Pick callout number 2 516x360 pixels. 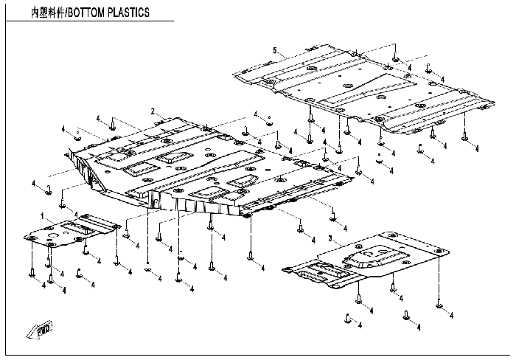click(x=153, y=111)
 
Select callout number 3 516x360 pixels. click(x=330, y=238)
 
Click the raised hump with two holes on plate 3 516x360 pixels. click(x=366, y=257)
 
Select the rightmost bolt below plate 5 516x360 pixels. click(x=466, y=135)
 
